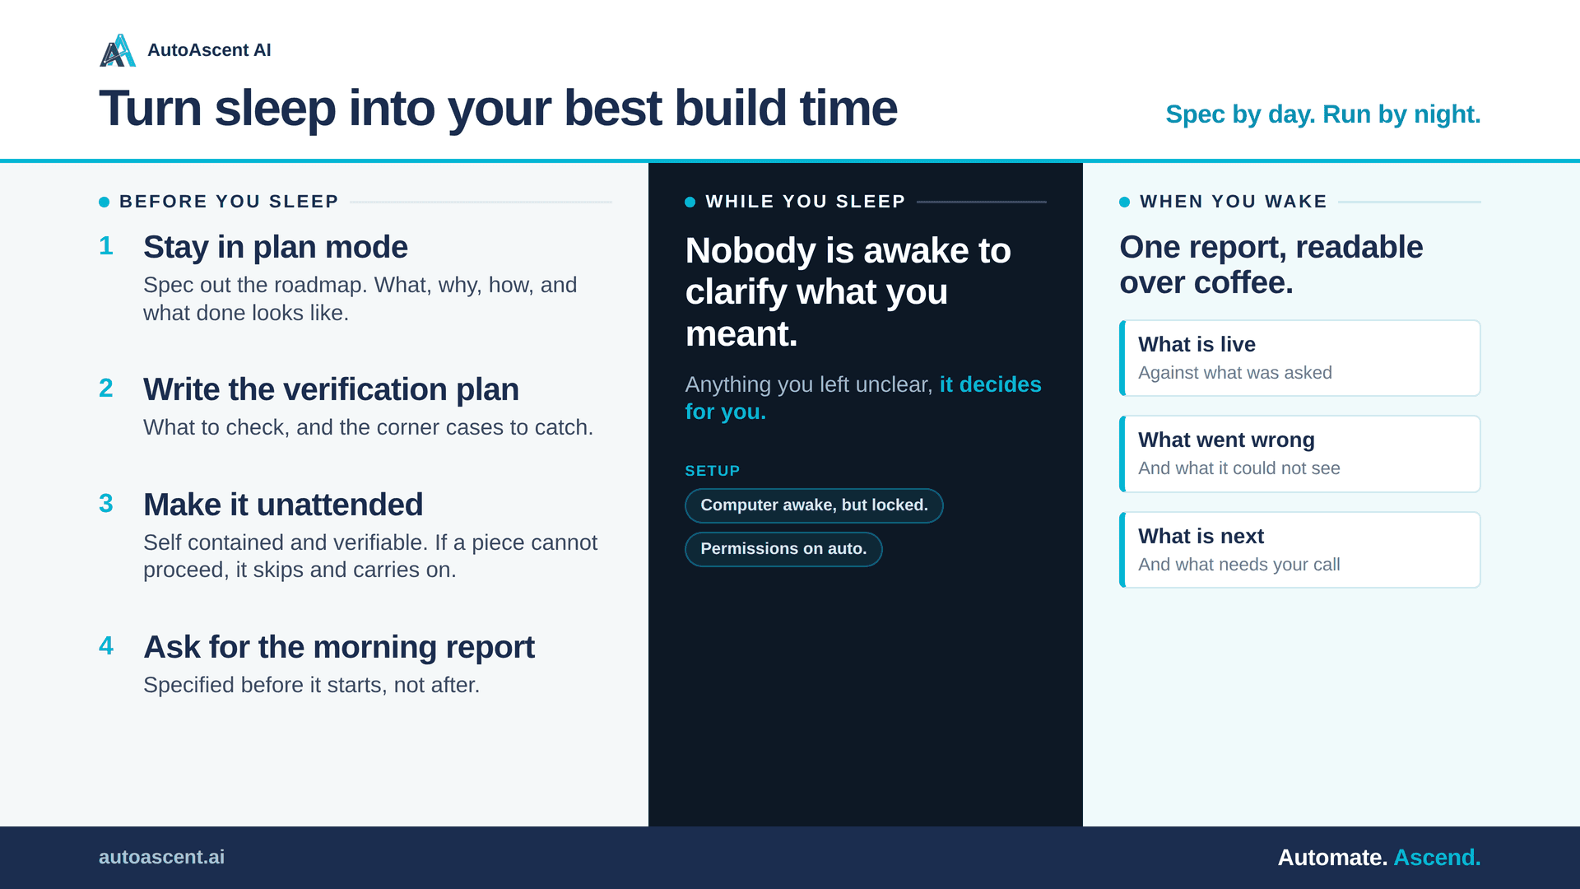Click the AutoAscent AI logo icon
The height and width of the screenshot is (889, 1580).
coord(118,50)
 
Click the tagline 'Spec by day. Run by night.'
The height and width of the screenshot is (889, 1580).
coord(1322,114)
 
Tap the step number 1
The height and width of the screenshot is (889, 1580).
coord(106,246)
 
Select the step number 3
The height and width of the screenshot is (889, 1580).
coord(106,504)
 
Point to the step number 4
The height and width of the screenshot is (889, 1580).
coord(106,646)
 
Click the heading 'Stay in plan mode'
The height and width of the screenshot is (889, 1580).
coord(276,248)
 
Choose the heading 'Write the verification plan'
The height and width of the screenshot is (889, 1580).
coord(331,390)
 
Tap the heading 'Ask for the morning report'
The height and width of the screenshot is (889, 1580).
coord(339,648)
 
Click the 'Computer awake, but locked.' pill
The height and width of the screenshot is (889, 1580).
coord(814,505)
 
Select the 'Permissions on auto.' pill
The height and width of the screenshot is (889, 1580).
coord(783,549)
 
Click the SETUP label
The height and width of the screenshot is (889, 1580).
coord(713,471)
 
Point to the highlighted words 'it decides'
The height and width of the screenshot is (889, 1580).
coord(991,384)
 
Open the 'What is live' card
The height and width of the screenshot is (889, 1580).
coord(1300,358)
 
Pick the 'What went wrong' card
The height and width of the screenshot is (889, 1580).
coord(1300,454)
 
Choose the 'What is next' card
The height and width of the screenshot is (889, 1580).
coord(1300,550)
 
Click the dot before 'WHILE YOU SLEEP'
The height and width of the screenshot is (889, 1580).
coord(690,202)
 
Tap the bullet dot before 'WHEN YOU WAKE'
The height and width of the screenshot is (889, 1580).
coord(1125,202)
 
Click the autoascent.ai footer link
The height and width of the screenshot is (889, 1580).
coord(161,857)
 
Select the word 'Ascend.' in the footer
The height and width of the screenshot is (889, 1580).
coord(1437,858)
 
